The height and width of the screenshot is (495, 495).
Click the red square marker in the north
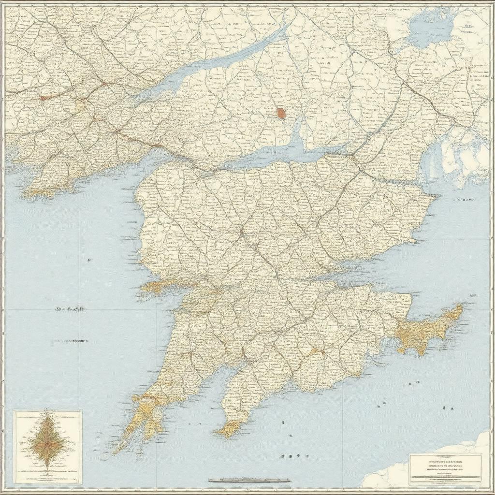[281, 114]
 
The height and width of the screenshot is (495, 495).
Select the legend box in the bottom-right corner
[445, 468]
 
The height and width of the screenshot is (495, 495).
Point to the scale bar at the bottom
[249, 480]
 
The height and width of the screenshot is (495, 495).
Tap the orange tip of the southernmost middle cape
[229, 429]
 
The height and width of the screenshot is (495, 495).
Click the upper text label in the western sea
[69, 308]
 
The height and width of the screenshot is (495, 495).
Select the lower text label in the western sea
[71, 341]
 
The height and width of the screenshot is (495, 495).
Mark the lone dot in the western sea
[89, 260]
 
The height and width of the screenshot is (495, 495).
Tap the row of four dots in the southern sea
[290, 455]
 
